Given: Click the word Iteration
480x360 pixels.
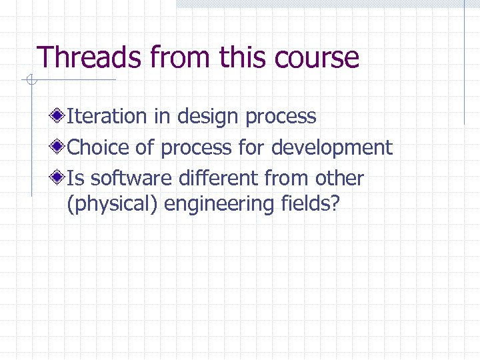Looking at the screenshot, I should (107, 116).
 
